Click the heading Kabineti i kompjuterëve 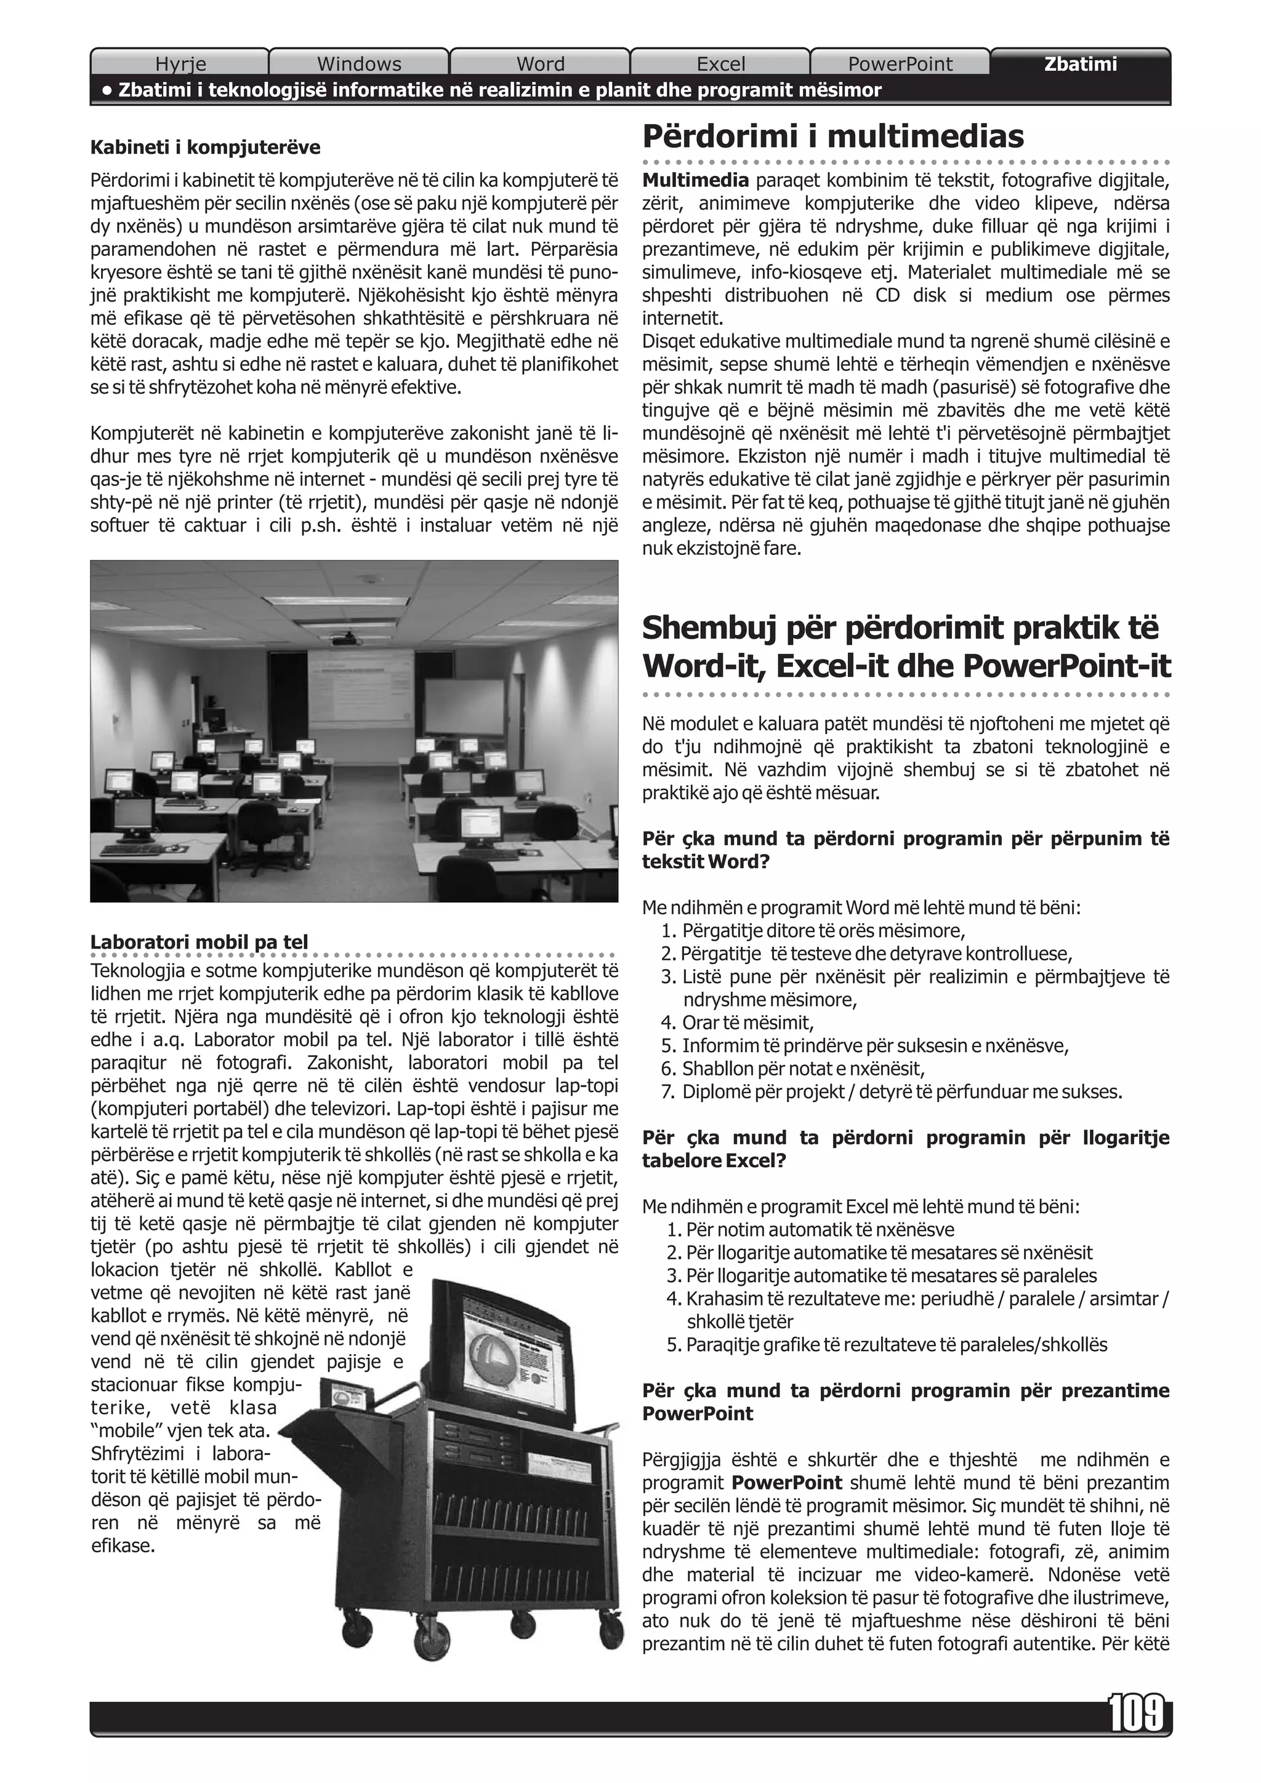[x=205, y=147]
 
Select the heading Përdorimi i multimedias [x=833, y=137]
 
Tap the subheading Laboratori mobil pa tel [x=199, y=942]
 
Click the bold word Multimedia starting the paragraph [x=695, y=181]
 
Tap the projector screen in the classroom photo [x=464, y=707]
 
